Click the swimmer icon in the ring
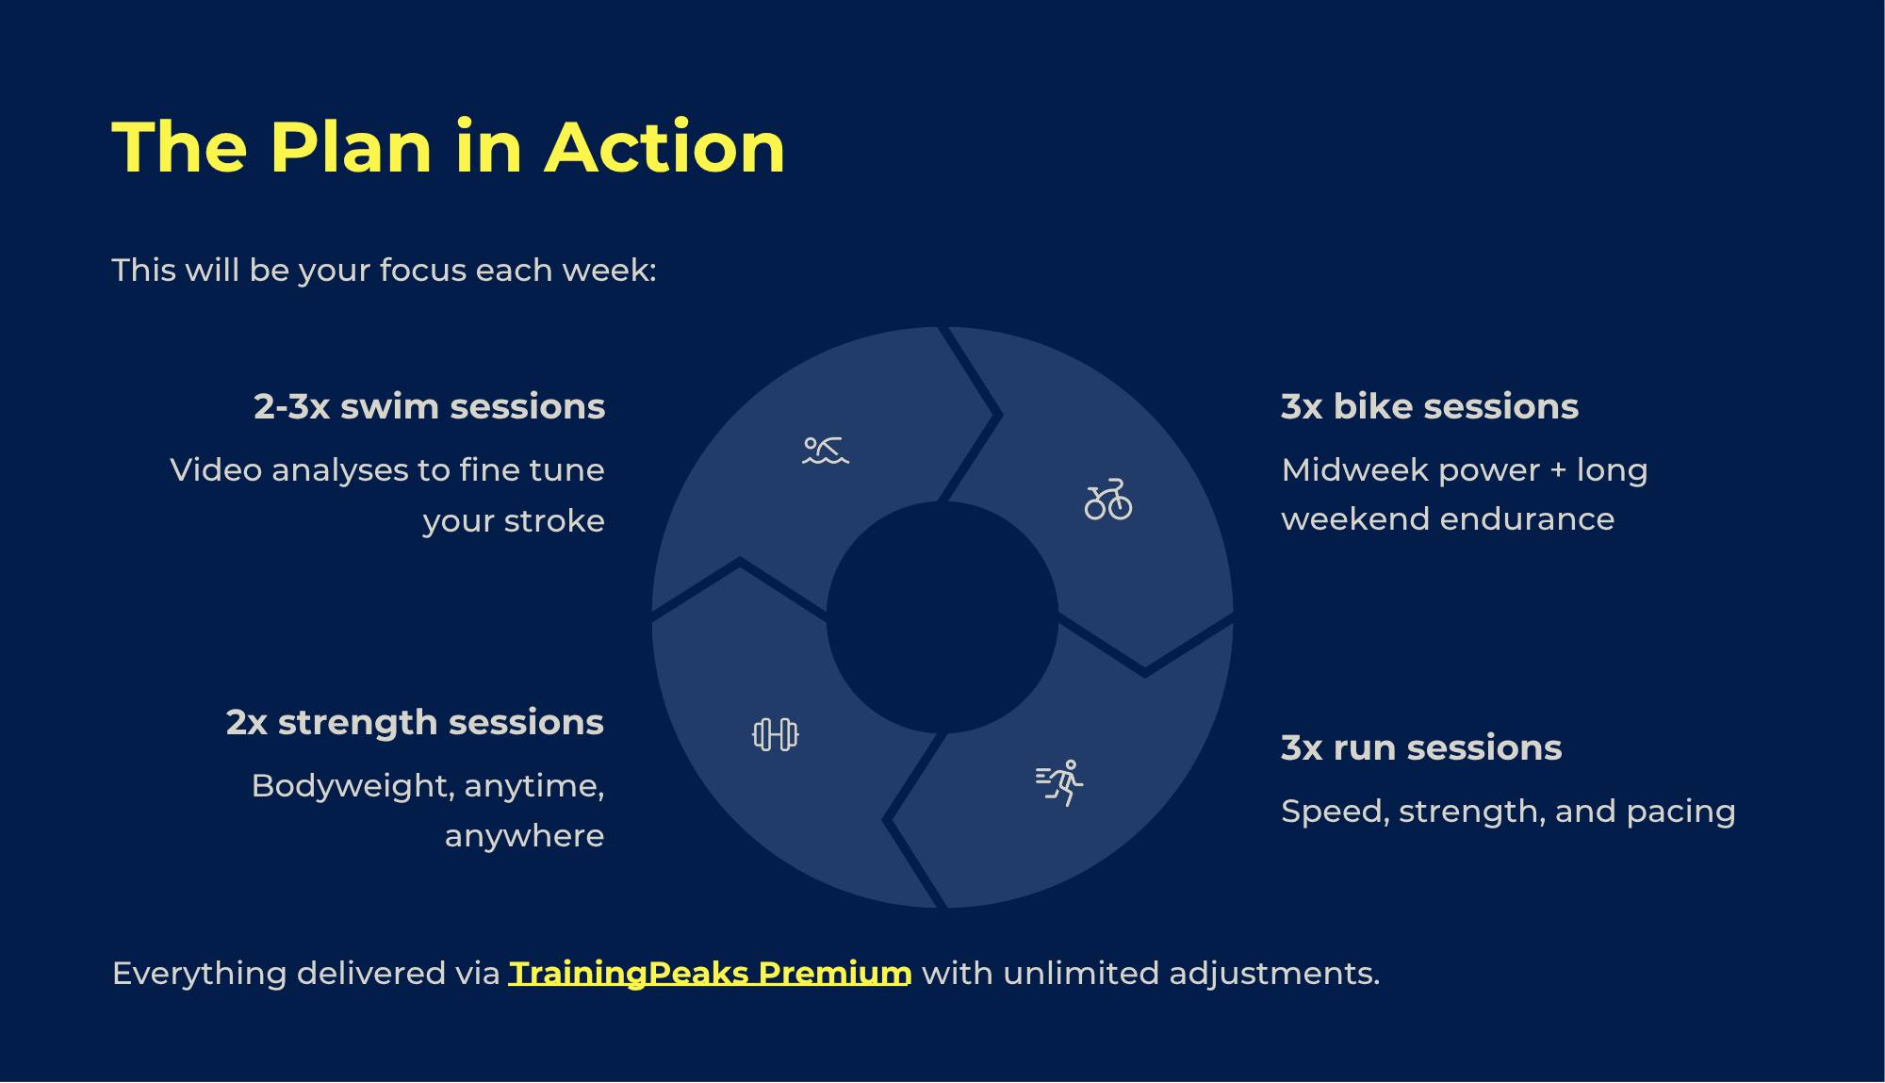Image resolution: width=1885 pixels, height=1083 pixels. pyautogui.click(x=826, y=451)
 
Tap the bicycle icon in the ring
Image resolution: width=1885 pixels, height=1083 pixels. pyautogui.click(x=1108, y=500)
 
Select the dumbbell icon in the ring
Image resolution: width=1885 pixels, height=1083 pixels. pyautogui.click(x=776, y=734)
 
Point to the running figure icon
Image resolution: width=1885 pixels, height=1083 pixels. pyautogui.click(x=1059, y=782)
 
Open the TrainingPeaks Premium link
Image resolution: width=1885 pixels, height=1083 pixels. pyautogui.click(x=710, y=973)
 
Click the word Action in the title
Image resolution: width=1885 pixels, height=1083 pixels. pyautogui.click(x=664, y=147)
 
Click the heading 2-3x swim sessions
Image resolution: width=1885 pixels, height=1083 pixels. pyautogui.click(x=429, y=406)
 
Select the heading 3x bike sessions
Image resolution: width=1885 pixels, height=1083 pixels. pyautogui.click(x=1430, y=406)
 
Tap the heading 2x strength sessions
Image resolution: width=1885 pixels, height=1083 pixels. pyautogui.click(x=415, y=722)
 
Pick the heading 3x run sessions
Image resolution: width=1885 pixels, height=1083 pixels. pyautogui.click(x=1421, y=747)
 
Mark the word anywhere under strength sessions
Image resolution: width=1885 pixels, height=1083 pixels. pyautogui.click(x=524, y=836)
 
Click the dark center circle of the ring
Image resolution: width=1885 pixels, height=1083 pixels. pyautogui.click(x=942, y=617)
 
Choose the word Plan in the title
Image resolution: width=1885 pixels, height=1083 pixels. pyautogui.click(x=351, y=147)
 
